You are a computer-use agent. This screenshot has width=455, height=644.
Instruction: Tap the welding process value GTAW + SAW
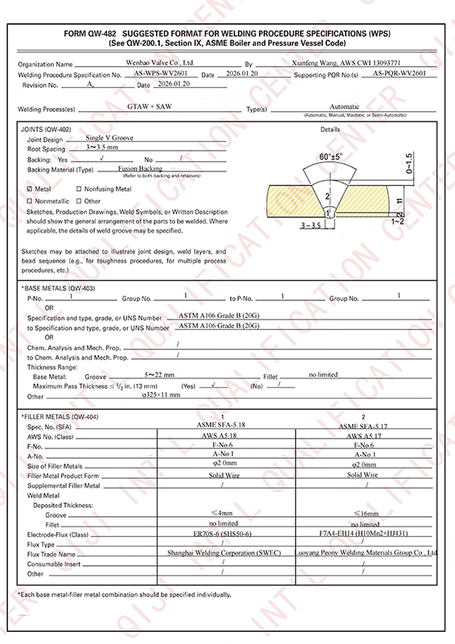151,106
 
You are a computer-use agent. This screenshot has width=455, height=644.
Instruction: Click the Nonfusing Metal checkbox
78,188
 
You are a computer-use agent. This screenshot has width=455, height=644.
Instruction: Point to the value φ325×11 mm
161,395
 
